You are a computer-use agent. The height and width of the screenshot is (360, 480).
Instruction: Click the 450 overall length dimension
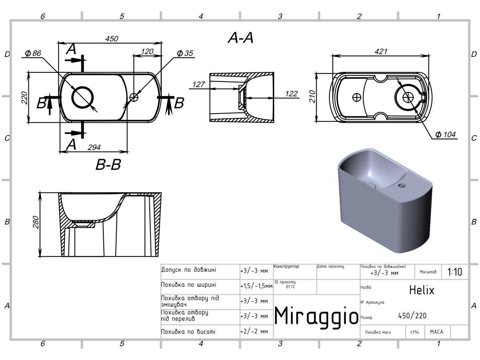click(x=112, y=39)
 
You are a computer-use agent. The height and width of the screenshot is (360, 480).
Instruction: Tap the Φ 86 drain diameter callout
click(x=33, y=54)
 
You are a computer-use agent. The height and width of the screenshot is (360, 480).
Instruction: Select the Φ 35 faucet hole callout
click(x=185, y=53)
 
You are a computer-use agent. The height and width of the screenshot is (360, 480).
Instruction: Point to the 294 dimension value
click(x=94, y=148)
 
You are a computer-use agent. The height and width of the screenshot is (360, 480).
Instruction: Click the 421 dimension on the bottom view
click(x=381, y=52)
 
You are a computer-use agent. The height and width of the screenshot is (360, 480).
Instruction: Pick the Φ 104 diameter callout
click(x=446, y=134)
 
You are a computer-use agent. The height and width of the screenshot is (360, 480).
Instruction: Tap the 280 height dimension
click(x=36, y=222)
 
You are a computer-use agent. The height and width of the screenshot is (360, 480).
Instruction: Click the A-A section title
click(x=241, y=38)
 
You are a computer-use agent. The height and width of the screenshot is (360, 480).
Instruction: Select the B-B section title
click(x=108, y=164)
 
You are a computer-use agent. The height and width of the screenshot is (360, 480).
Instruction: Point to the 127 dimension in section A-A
click(x=199, y=84)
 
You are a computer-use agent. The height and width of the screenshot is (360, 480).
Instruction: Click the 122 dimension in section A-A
click(x=291, y=94)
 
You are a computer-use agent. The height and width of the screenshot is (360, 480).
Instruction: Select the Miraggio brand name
click(x=316, y=316)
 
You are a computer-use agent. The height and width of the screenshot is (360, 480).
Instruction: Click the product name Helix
click(x=422, y=290)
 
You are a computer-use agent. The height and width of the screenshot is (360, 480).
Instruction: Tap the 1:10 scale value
click(x=455, y=272)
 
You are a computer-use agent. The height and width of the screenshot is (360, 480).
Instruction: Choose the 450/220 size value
click(x=412, y=316)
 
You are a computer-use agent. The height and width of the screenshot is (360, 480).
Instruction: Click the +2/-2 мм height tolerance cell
click(x=254, y=332)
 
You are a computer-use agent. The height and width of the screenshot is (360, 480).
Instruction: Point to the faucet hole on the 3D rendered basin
click(x=402, y=185)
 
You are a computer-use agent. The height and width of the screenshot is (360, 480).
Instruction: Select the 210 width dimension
click(x=312, y=97)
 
